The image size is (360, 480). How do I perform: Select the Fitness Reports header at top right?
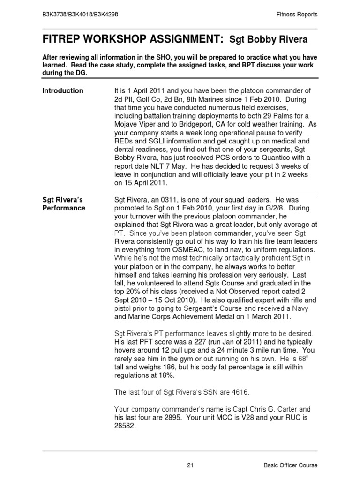click(297, 15)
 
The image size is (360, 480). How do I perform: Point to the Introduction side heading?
click(63, 90)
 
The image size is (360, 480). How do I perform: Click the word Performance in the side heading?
click(64, 208)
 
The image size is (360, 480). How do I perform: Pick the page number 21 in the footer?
click(190, 465)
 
